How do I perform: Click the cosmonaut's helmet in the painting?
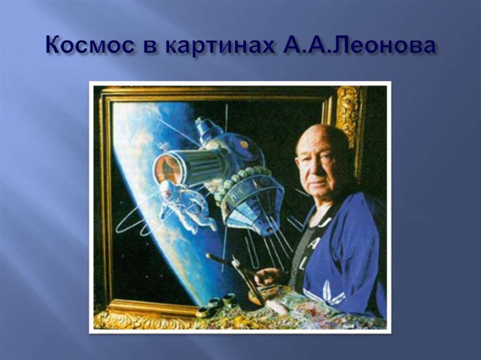point(167,190)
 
